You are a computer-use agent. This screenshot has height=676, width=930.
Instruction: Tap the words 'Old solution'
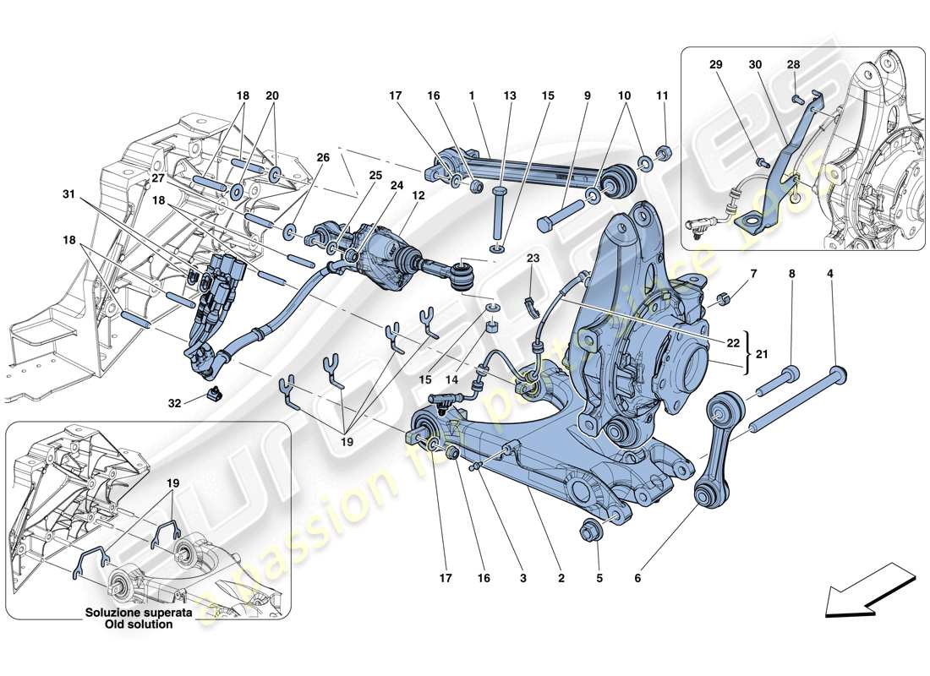(139, 624)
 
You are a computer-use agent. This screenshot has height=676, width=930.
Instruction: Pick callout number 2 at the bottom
(560, 579)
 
